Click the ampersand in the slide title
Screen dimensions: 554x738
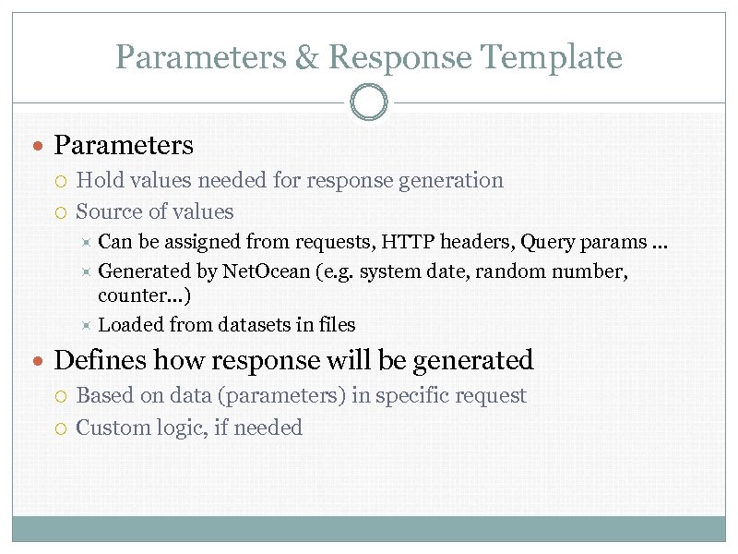[x=306, y=57]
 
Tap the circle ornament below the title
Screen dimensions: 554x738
[x=369, y=102]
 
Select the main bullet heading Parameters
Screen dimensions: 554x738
[x=124, y=145]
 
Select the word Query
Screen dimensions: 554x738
[x=547, y=242]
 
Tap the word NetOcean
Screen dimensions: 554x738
[x=267, y=271]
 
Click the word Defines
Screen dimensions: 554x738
[x=101, y=359]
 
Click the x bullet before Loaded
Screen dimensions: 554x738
[x=84, y=324]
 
